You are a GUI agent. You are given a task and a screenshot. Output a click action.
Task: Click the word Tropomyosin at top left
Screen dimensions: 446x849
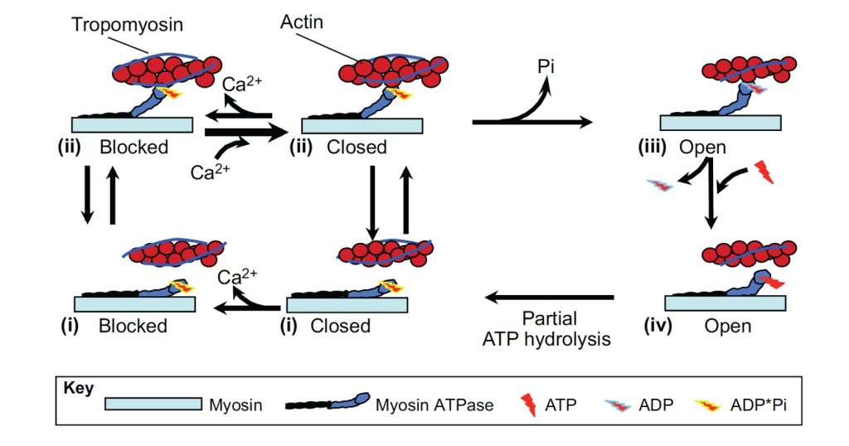126,24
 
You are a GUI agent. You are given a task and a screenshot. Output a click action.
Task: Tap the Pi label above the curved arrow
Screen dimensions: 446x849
546,65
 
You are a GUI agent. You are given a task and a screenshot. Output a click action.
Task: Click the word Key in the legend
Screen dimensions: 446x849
79,388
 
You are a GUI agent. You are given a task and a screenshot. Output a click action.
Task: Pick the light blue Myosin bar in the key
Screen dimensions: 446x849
153,404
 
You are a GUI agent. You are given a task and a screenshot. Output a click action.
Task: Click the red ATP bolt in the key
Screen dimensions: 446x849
526,404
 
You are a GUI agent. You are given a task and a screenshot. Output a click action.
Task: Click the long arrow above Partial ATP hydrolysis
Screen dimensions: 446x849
550,297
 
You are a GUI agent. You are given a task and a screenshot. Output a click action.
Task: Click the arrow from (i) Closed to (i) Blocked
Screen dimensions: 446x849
245,308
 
